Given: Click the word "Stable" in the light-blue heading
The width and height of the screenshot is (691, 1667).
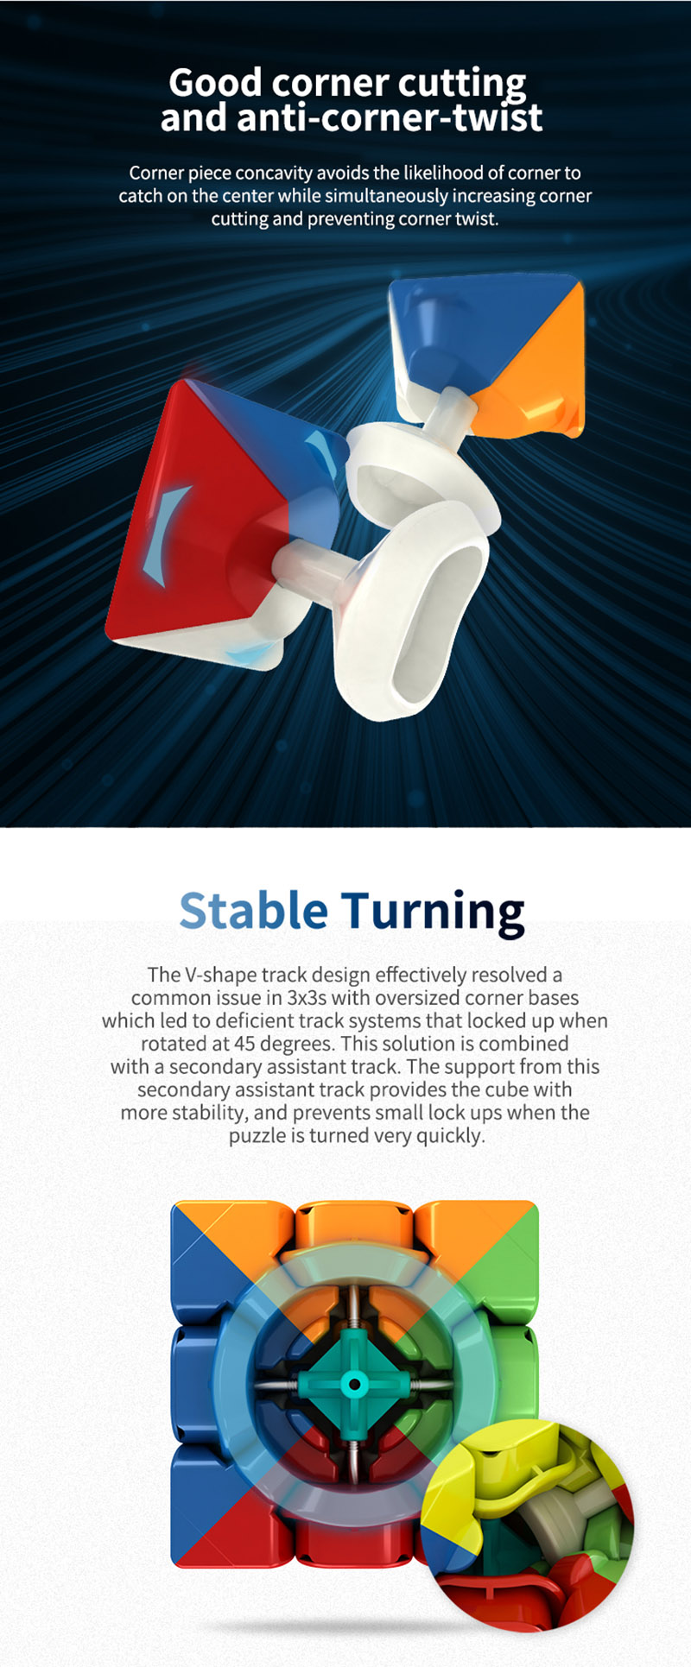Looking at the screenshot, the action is coord(253,910).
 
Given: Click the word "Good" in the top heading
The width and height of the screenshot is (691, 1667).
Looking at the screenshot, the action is coord(216,83).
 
